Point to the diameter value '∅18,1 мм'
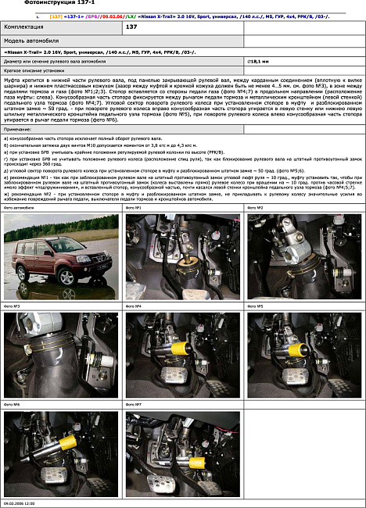(x=258, y=60)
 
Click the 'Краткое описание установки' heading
(x=33, y=70)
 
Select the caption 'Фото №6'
(x=12, y=405)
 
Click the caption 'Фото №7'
(x=133, y=405)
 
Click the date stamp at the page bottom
(x=19, y=504)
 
